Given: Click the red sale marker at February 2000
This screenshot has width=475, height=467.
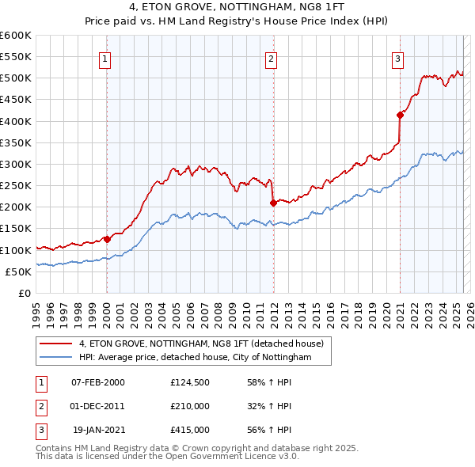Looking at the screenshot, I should point(107,239).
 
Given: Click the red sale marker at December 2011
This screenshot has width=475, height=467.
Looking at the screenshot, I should point(273,203).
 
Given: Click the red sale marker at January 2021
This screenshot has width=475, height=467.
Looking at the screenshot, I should point(401,116).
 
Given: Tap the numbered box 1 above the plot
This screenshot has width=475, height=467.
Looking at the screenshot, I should point(105,58).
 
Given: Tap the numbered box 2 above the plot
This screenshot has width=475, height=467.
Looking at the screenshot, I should point(272,58).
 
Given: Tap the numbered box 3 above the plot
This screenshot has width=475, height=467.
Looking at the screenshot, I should point(398,58).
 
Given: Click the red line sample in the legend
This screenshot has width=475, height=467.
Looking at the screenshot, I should point(56,344).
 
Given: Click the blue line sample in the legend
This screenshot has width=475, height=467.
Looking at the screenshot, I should point(56,357).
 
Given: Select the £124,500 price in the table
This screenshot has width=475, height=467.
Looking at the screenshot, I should point(190,382).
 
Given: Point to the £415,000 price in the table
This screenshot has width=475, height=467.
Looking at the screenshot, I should point(190,430).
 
